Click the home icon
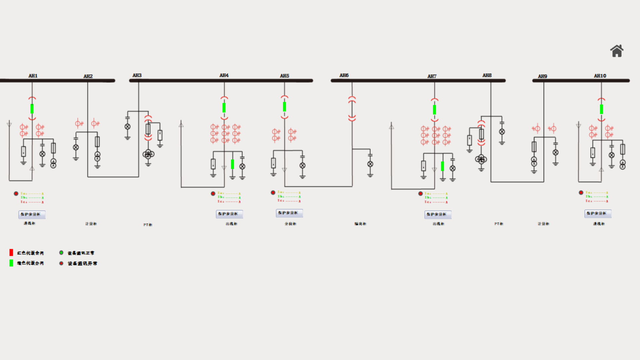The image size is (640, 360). pyautogui.click(x=617, y=51)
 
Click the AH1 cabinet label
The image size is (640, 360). pyautogui.click(x=33, y=76)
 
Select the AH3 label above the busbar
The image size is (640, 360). pyautogui.click(x=137, y=75)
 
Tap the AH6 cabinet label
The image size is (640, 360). pyautogui.click(x=344, y=75)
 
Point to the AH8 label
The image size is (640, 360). pyautogui.click(x=487, y=75)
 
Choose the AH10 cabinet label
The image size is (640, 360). pyautogui.click(x=600, y=76)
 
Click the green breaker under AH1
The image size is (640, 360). pyautogui.click(x=32, y=109)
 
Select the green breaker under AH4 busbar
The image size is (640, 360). pyautogui.click(x=224, y=108)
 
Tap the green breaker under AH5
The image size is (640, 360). pyautogui.click(x=284, y=107)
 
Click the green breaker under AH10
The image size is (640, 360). pyautogui.click(x=601, y=109)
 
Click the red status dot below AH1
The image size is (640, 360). pyautogui.click(x=16, y=193)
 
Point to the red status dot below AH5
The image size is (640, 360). pyautogui.click(x=273, y=193)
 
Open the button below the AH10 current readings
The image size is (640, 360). pyautogui.click(x=598, y=213)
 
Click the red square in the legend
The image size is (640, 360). pyautogui.click(x=11, y=252)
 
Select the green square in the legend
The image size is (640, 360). pyautogui.click(x=11, y=263)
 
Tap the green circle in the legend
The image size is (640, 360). pyautogui.click(x=61, y=253)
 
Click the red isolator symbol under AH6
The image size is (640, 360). pyautogui.click(x=352, y=108)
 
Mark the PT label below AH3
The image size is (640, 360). pyautogui.click(x=148, y=225)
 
